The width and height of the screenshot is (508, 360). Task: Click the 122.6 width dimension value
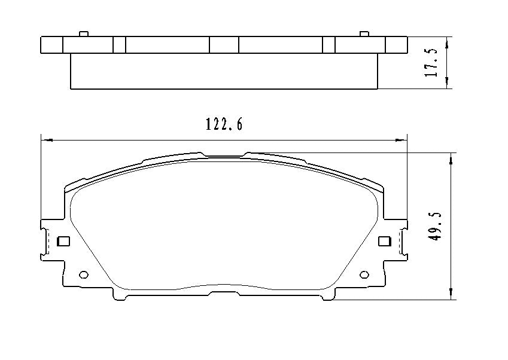224,124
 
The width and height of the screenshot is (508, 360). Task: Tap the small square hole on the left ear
63,242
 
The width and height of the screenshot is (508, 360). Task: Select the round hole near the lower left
84,275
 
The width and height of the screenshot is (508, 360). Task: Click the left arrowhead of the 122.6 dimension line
45,140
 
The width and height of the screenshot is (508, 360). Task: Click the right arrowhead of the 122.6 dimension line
402,140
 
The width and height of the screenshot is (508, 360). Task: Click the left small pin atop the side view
84,33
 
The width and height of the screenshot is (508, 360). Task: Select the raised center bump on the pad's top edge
224,154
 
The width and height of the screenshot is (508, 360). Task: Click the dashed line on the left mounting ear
47,242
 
